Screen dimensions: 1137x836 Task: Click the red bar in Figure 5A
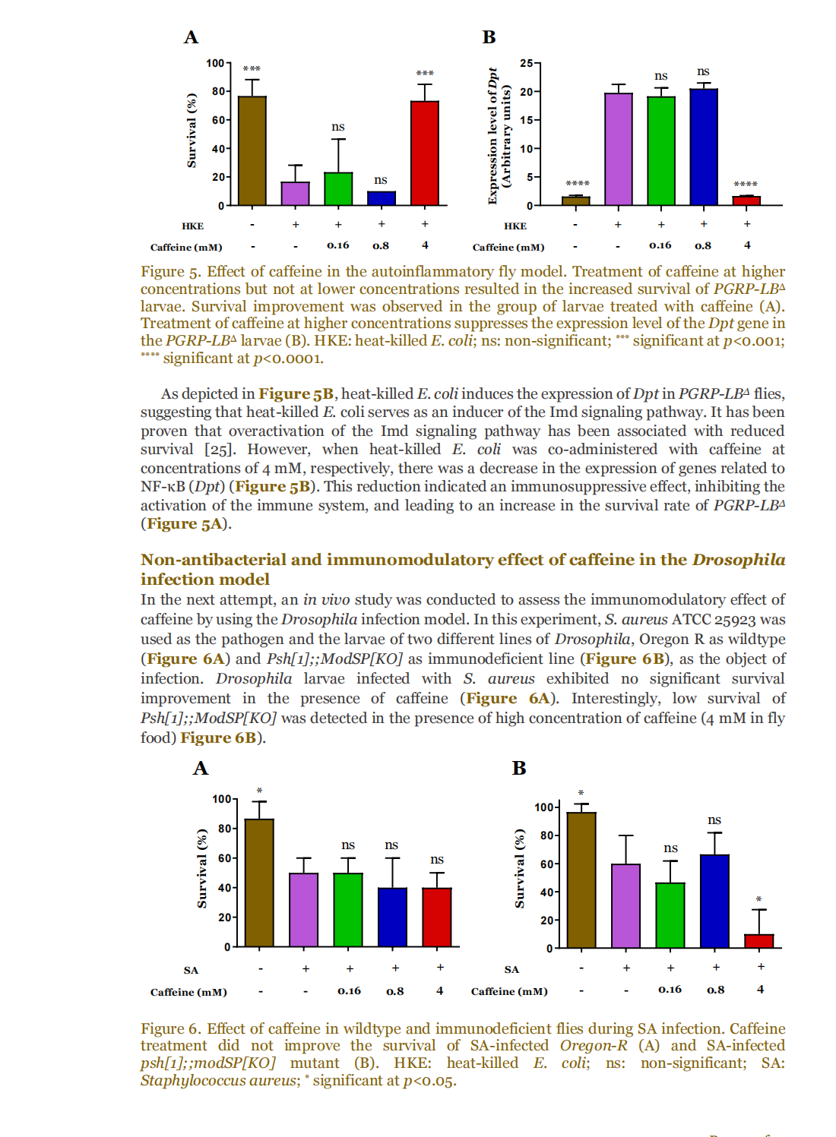click(425, 153)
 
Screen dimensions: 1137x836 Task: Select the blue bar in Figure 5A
click(381, 198)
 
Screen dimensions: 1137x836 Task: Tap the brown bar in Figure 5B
click(576, 201)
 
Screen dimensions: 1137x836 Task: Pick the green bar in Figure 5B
click(661, 151)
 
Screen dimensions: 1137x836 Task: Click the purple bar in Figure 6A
click(304, 910)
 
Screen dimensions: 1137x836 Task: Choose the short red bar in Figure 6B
click(758, 941)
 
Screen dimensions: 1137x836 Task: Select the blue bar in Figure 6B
click(714, 902)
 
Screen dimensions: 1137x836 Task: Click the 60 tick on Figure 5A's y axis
click(219, 120)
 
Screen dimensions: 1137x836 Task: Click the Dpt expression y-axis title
click(499, 135)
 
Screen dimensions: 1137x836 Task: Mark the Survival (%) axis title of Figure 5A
click(192, 130)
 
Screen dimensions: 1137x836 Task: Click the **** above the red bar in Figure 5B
click(745, 185)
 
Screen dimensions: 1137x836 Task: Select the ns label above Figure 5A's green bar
click(338, 127)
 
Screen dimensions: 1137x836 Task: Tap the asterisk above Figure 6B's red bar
click(758, 900)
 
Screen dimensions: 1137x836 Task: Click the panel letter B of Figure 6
click(519, 768)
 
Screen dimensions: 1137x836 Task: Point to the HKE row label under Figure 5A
click(192, 226)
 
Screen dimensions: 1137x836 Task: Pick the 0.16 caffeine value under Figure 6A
click(349, 991)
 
